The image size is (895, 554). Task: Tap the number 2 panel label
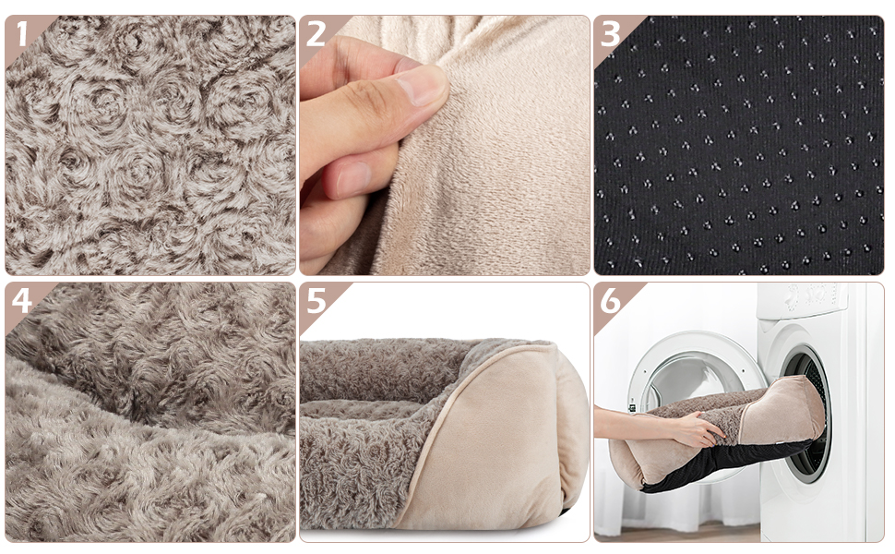316,33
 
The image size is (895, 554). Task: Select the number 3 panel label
610,33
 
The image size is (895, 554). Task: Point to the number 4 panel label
20,301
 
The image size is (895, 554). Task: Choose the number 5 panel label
316,301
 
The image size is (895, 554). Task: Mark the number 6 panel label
610,301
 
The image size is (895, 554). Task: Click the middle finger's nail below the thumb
355,180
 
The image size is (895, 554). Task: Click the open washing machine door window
678,369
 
